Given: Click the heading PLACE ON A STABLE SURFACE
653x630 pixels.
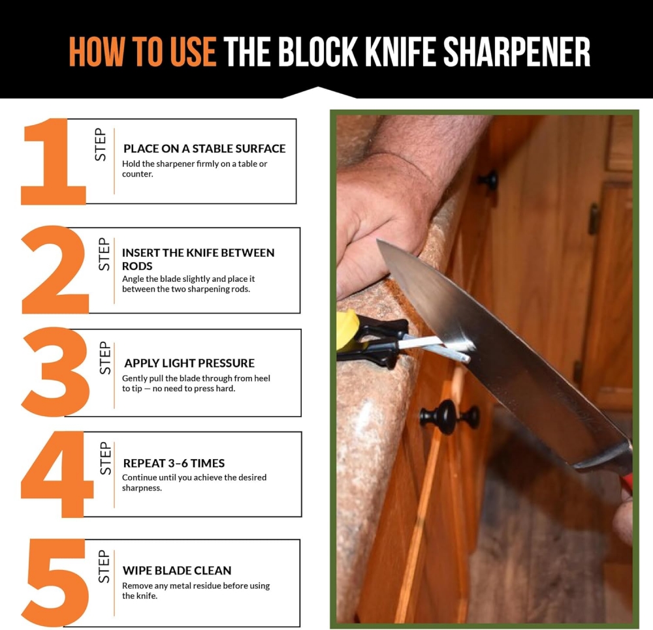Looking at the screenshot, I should tap(204, 149).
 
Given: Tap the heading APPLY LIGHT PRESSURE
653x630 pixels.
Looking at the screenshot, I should tap(189, 363).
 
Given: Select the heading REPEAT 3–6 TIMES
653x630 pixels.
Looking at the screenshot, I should tap(174, 463).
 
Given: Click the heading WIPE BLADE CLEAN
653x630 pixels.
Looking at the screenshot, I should tap(177, 571).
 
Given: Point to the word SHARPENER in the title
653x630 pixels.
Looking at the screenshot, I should tap(517, 52).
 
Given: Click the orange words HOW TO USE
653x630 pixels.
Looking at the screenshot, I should tap(142, 52).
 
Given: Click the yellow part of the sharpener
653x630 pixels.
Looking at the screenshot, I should tap(347, 326).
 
